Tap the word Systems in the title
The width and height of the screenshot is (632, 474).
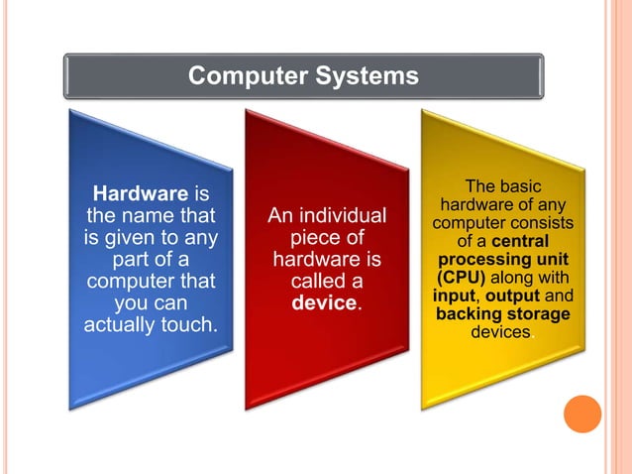pyautogui.click(x=367, y=75)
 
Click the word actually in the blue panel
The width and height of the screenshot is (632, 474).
pyautogui.click(x=120, y=323)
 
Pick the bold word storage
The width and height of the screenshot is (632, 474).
pyautogui.click(x=538, y=314)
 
